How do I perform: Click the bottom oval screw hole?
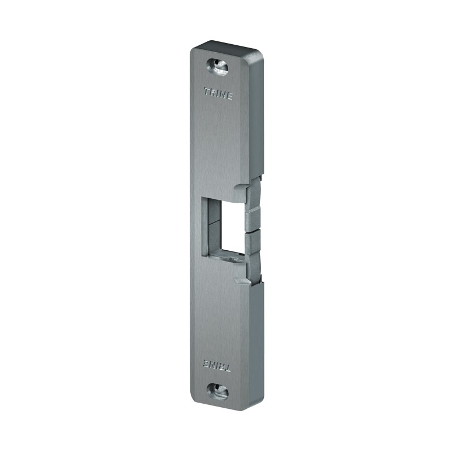(x=217, y=391)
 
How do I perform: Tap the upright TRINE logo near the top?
(x=218, y=93)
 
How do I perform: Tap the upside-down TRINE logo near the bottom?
(x=217, y=365)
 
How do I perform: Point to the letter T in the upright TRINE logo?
(x=207, y=91)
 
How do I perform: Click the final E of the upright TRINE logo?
(x=229, y=96)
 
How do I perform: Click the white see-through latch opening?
(x=233, y=226)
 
